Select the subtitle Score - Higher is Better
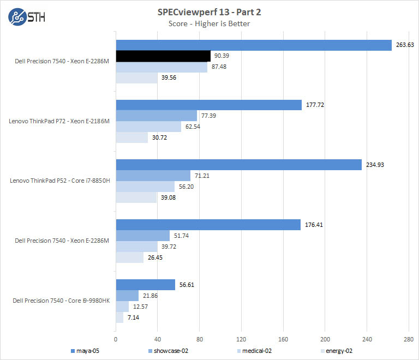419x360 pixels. tap(210, 23)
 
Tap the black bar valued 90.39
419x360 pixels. tap(163, 56)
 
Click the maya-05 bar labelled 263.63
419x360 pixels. tap(254, 45)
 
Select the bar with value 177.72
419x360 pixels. tap(208, 105)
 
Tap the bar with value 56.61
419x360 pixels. tap(145, 285)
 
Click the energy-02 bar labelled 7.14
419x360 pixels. tap(119, 317)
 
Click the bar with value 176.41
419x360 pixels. tap(208, 225)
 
